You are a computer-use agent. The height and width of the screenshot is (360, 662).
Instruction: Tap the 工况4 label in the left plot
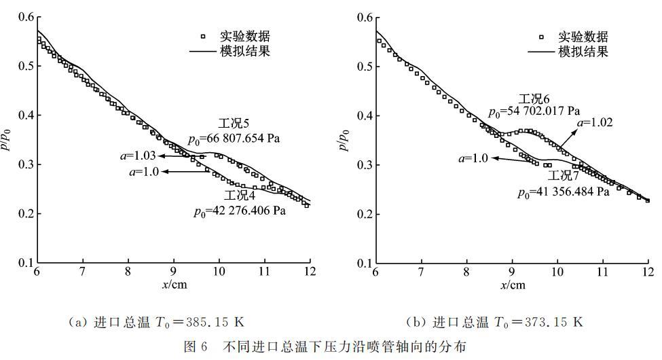236,196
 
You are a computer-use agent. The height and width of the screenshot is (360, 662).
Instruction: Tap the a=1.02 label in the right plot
595,123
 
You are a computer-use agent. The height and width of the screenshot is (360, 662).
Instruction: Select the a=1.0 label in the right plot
474,158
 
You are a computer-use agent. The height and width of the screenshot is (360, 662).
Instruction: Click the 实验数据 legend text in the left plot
245,36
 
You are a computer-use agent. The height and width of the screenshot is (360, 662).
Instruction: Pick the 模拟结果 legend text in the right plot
583,52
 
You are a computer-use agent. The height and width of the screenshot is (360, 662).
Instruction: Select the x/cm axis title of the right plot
513,284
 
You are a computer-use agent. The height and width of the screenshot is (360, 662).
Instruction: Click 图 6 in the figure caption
196,347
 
